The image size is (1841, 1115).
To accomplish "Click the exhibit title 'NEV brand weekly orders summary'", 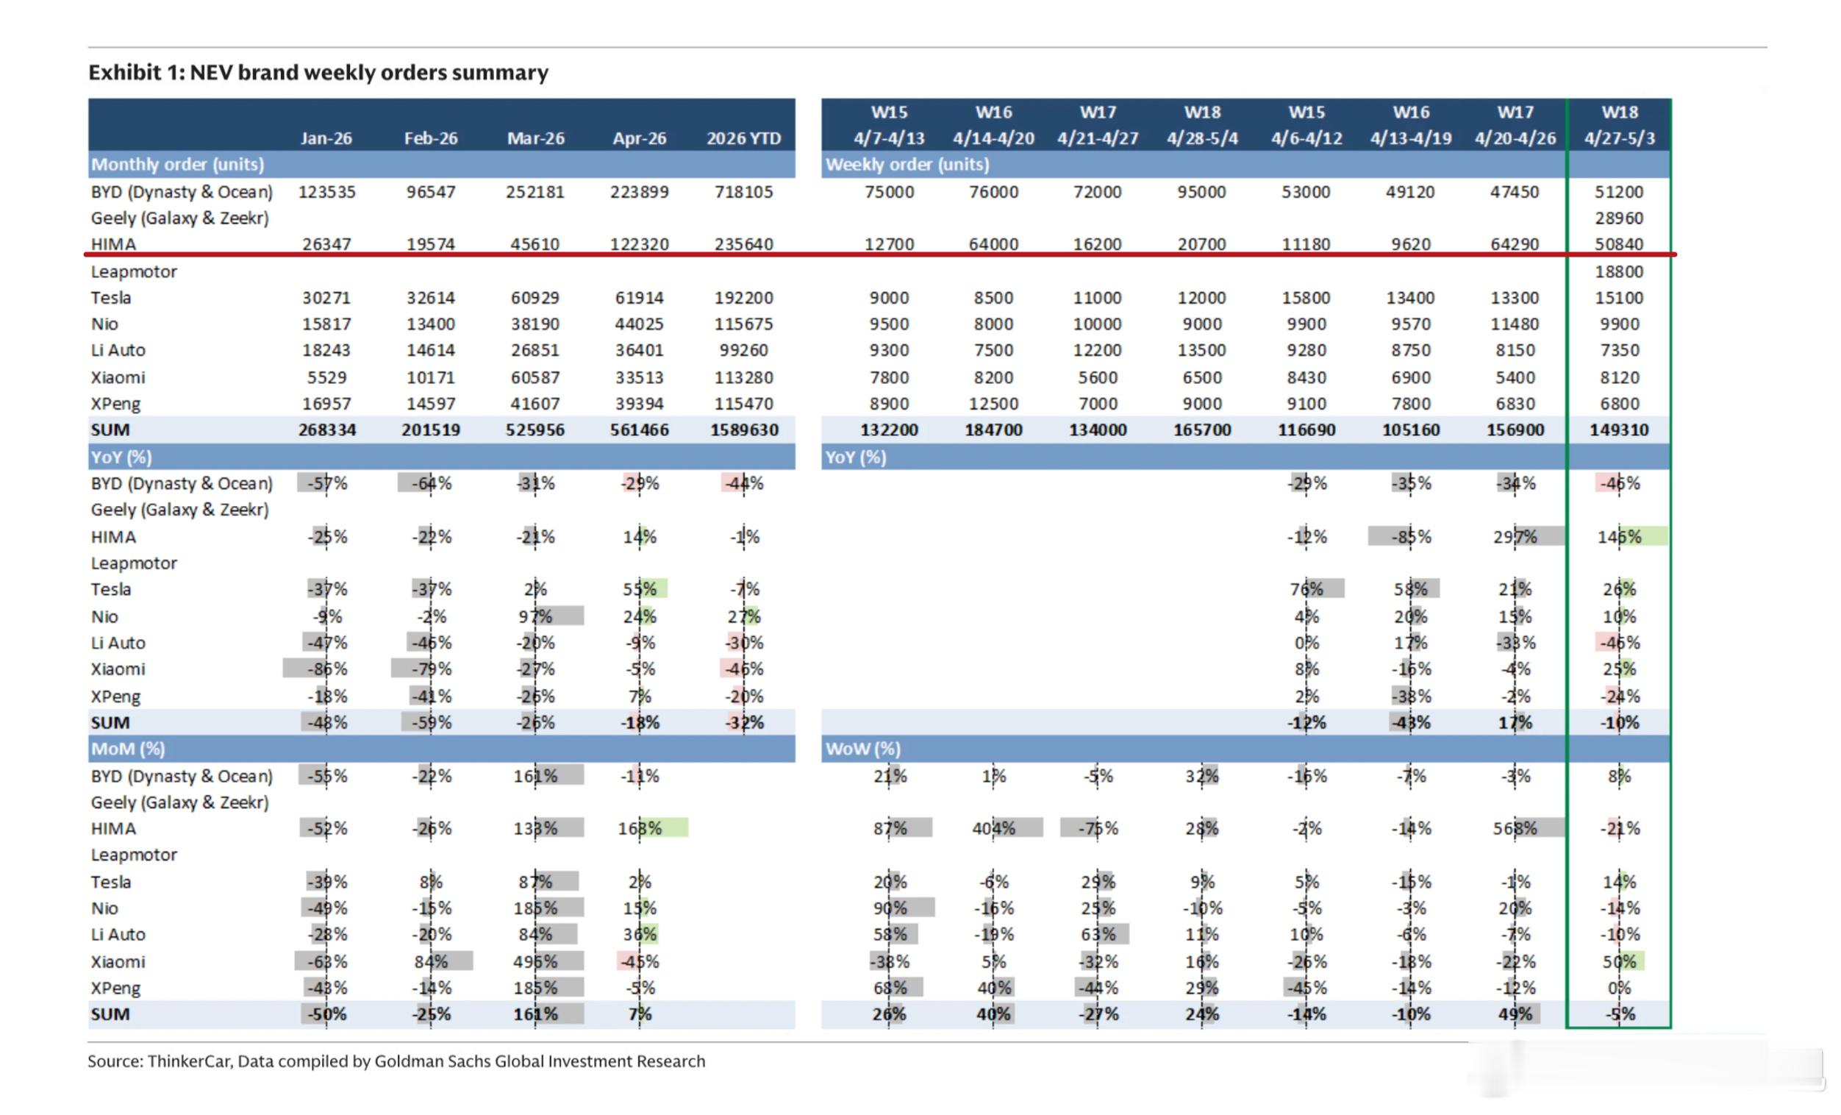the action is coord(369,73).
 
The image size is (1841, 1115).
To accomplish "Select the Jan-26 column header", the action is coord(326,138).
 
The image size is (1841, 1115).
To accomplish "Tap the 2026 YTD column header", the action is coord(743,138).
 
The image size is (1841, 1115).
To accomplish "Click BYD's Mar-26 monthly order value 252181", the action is coord(535,192).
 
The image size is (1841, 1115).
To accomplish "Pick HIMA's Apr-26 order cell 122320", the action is coord(640,244).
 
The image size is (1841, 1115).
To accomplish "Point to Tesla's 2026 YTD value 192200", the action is coord(743,297).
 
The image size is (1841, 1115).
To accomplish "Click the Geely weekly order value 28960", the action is coord(1619,218).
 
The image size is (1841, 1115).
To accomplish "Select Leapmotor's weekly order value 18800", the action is coord(1619,271).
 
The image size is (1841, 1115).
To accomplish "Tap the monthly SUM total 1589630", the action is coord(743,430).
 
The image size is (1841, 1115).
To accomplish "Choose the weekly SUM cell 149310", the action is coord(1619,430).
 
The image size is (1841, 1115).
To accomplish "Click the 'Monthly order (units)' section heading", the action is coord(178,165).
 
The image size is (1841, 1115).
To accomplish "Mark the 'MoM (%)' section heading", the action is coord(128,749).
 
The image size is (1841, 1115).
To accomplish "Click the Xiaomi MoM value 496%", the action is coord(535,962).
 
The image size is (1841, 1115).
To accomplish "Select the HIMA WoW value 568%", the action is coord(1515,828).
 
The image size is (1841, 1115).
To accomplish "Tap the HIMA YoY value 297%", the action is coord(1515,537).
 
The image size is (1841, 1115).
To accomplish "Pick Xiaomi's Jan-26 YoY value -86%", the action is coord(326,669).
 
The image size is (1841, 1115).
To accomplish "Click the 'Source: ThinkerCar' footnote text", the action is coord(396,1061).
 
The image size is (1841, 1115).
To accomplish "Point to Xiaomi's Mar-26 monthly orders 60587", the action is coord(535,377).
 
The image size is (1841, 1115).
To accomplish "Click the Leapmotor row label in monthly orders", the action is coord(134,271).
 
